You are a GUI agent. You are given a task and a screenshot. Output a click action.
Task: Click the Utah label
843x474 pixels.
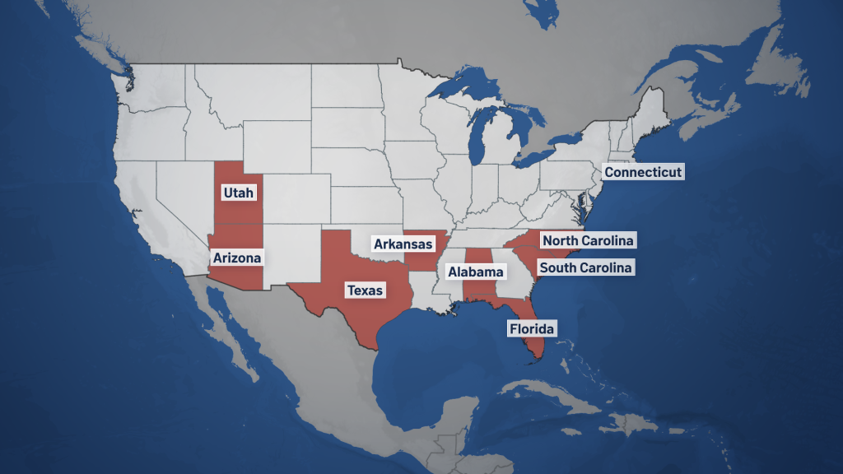[x=240, y=193]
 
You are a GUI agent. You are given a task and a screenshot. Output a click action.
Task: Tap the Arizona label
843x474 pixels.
[x=237, y=258]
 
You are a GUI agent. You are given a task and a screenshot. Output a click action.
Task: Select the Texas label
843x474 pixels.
[x=365, y=290]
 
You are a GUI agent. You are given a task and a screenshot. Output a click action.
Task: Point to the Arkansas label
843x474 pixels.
[x=403, y=244]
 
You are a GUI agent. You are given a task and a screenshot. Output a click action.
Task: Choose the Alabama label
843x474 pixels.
[x=475, y=272]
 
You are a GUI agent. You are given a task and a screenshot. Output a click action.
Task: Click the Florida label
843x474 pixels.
[x=532, y=328]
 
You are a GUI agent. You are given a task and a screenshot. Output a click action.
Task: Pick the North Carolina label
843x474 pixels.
[x=588, y=240]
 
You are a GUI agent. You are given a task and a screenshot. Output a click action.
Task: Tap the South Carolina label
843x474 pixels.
[x=585, y=267]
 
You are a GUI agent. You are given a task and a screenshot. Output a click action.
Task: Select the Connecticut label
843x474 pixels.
[x=642, y=172]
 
